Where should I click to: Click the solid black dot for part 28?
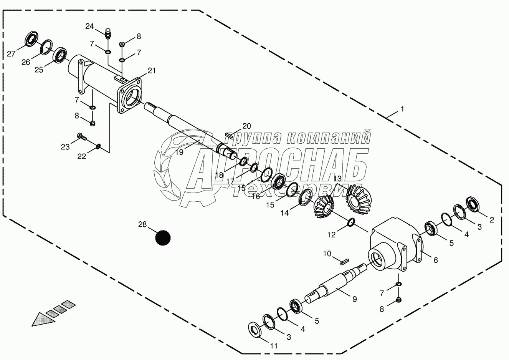162,237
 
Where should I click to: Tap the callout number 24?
89,26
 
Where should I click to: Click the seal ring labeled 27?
31,39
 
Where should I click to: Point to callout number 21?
152,70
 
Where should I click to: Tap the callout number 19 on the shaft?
180,152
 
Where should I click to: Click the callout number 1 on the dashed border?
402,109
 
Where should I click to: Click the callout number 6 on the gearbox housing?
435,260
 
